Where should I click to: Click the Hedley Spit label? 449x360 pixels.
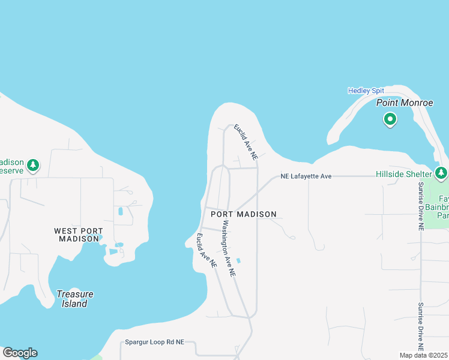(x=366, y=91)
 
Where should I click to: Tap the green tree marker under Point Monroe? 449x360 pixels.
(x=390, y=119)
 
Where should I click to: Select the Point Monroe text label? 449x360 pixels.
(x=405, y=103)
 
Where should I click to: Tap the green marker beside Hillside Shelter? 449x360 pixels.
(x=442, y=173)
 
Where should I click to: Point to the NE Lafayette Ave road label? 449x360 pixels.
(x=306, y=176)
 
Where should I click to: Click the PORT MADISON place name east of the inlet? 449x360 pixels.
(x=244, y=214)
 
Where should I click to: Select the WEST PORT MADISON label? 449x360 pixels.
(x=78, y=235)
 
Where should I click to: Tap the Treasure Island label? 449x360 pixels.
(x=75, y=298)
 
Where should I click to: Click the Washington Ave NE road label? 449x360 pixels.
(x=229, y=248)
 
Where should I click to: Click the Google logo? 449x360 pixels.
(x=20, y=353)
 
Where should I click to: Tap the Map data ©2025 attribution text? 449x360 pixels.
(x=424, y=355)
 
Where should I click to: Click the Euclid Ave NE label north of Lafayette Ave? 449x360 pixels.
(x=246, y=142)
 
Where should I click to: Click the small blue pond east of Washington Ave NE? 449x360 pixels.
(x=239, y=260)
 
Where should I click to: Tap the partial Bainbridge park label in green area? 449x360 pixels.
(x=443, y=206)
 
